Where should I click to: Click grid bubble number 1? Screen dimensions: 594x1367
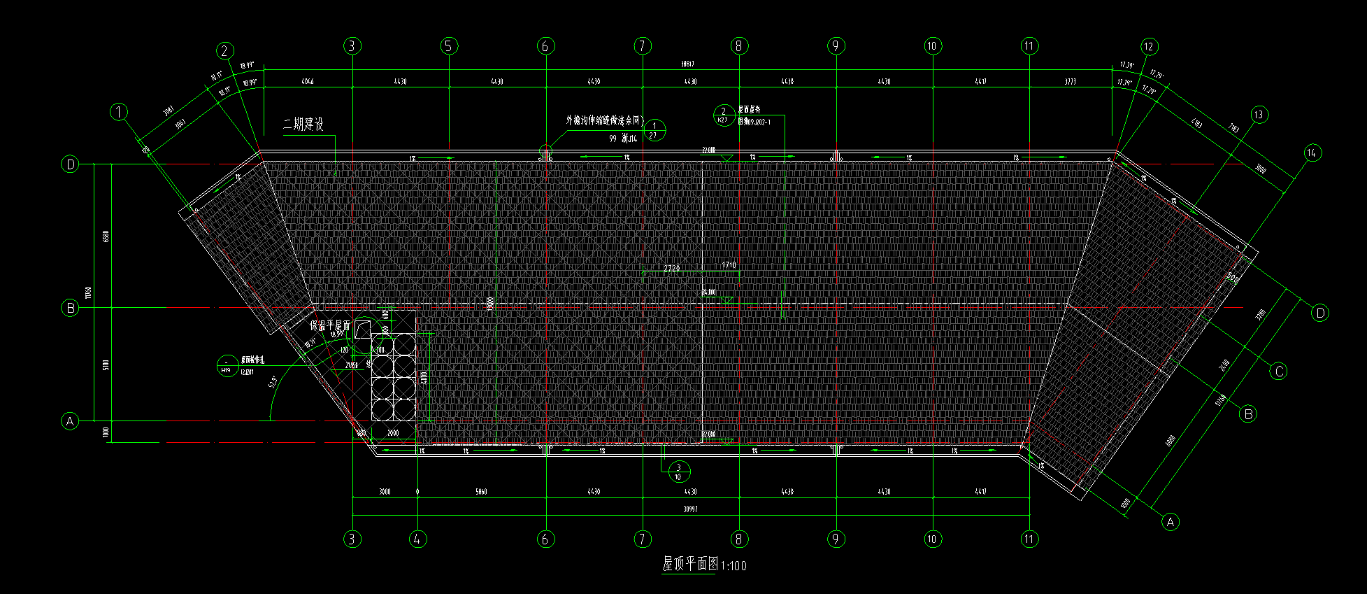tap(120, 112)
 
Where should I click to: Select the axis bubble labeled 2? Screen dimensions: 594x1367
tap(224, 50)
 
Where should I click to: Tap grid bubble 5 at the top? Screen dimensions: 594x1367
tap(449, 46)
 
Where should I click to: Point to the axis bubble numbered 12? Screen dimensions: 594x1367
tap(1149, 47)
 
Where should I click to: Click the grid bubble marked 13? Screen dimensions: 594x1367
tap(1259, 115)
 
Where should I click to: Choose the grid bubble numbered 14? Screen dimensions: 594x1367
tap(1312, 153)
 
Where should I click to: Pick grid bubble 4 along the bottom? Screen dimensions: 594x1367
tap(417, 539)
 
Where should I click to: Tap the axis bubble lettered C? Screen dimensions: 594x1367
tap(1279, 371)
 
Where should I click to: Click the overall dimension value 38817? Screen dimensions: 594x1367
tap(688, 64)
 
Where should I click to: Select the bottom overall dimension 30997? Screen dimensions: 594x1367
tap(690, 509)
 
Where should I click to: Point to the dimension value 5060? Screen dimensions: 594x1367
tap(481, 492)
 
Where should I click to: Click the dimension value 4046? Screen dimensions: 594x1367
tap(307, 82)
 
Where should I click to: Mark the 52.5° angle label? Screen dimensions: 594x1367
tap(272, 382)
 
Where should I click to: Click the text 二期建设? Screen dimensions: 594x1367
tap(303, 125)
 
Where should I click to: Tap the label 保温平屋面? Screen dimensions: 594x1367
tap(329, 326)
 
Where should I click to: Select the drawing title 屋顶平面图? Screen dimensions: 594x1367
tap(690, 563)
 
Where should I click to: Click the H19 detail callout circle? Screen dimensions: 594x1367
tap(227, 366)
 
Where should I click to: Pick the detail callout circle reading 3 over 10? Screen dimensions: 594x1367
tap(678, 472)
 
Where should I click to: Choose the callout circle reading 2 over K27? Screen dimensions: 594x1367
tap(723, 115)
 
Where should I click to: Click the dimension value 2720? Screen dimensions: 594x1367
tap(671, 268)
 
